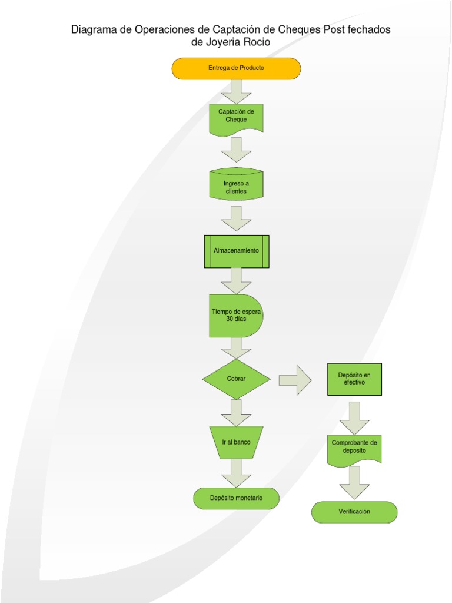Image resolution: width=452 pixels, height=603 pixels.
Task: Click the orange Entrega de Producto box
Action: (x=236, y=68)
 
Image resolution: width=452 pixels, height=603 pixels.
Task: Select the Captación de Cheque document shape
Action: (x=236, y=118)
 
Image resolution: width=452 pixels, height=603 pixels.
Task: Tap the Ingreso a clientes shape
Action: (x=236, y=185)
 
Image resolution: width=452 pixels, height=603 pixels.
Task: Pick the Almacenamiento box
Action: (x=236, y=251)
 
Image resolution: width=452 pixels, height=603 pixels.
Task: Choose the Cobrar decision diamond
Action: (x=236, y=379)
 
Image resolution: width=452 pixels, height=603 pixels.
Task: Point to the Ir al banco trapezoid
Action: (x=236, y=442)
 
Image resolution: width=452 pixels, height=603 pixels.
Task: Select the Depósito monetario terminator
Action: (x=236, y=498)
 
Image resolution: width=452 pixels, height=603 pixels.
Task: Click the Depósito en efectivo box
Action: (x=354, y=379)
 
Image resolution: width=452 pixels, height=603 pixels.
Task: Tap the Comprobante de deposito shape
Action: (x=354, y=449)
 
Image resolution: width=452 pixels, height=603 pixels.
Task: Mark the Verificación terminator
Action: (x=354, y=512)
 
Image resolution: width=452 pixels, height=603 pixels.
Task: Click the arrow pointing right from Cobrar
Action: (x=295, y=380)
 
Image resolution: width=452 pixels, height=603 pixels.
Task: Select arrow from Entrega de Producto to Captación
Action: (x=236, y=91)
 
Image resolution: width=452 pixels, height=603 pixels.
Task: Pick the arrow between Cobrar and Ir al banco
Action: (x=236, y=412)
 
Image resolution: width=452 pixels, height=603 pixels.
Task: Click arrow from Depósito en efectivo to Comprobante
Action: (x=354, y=418)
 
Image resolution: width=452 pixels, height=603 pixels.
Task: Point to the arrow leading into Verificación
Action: (x=354, y=483)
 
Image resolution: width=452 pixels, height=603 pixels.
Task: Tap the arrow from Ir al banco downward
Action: (x=236, y=473)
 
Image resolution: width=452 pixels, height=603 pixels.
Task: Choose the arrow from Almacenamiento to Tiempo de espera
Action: (x=236, y=281)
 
